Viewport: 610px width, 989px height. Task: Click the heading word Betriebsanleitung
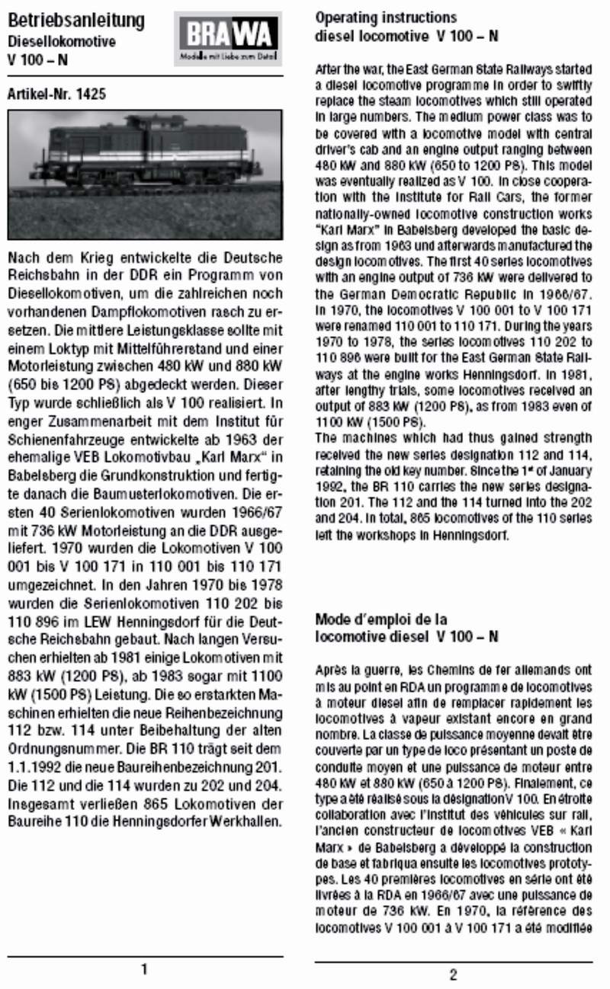(x=75, y=21)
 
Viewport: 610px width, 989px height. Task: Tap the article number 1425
(x=91, y=95)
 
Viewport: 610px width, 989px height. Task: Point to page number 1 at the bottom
(x=144, y=970)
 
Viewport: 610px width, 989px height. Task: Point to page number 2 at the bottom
(x=453, y=974)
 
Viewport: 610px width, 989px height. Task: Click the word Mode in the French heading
(x=332, y=619)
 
